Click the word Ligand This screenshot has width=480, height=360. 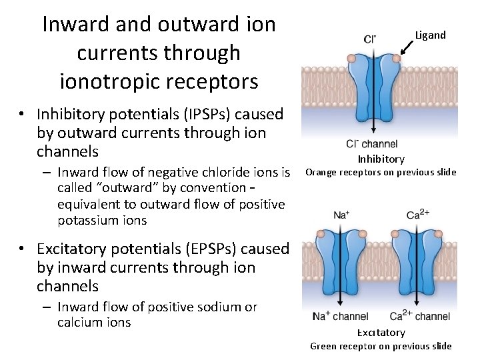click(x=430, y=35)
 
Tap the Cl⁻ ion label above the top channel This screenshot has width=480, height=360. click(x=369, y=39)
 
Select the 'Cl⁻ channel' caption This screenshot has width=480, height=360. click(x=372, y=143)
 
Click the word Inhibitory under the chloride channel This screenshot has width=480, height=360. click(x=381, y=159)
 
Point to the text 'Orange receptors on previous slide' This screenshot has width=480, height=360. click(x=381, y=173)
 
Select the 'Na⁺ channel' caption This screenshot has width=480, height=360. click(x=341, y=316)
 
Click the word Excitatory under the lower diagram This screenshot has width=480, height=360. click(x=381, y=332)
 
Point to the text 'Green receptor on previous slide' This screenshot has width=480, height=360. click(x=381, y=345)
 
